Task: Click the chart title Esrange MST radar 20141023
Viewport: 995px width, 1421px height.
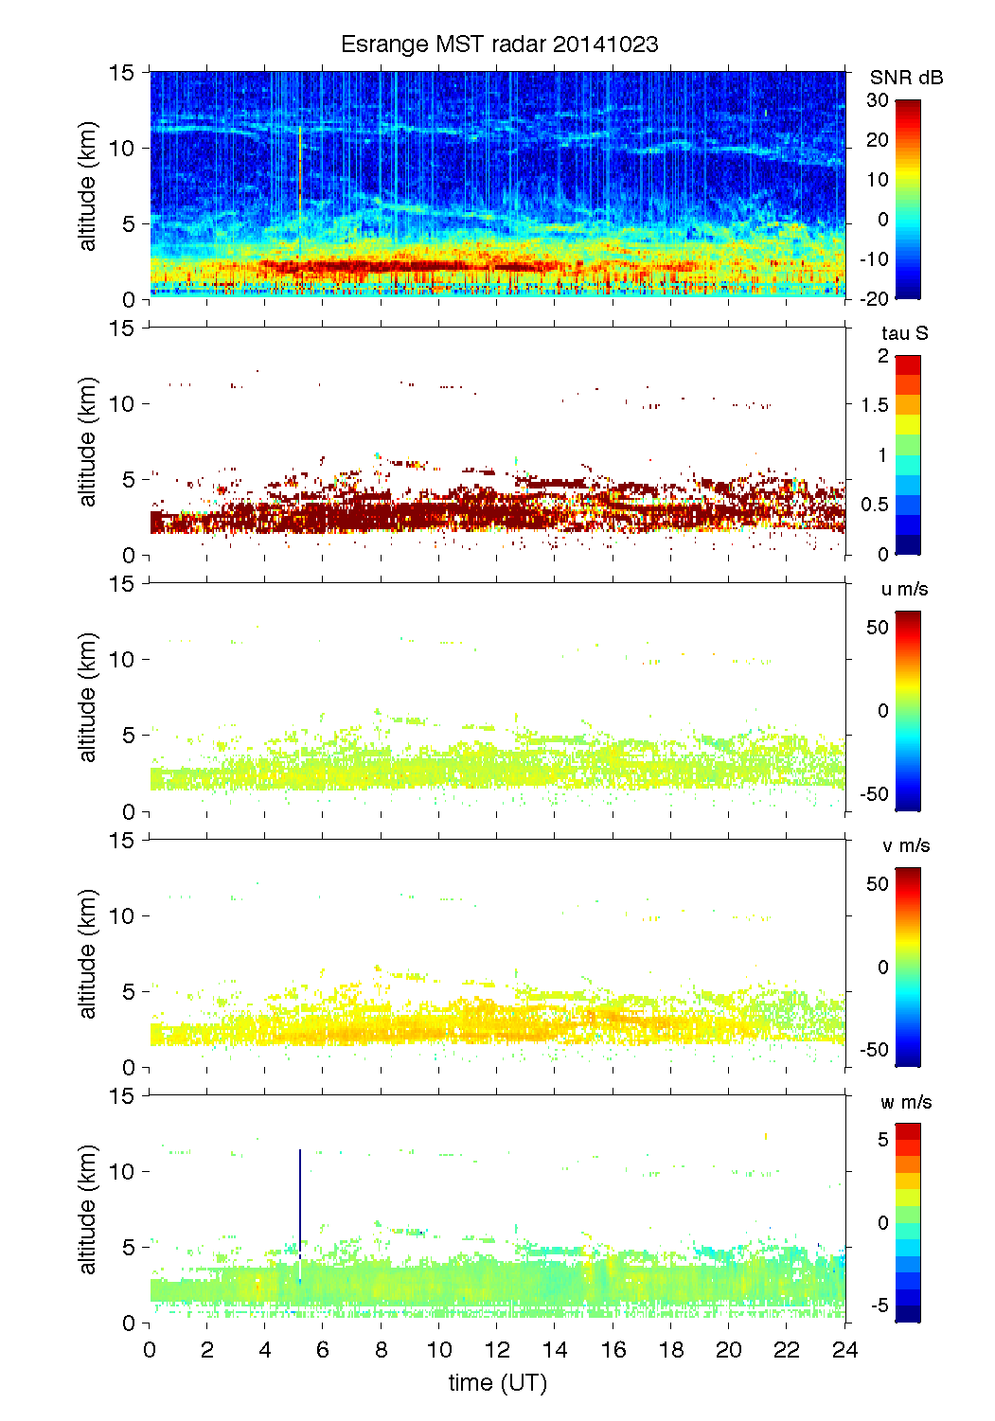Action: (499, 44)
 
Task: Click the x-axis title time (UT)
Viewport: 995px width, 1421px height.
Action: (497, 1383)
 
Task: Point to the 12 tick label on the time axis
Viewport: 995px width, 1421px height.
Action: (497, 1350)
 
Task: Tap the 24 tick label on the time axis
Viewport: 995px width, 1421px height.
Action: (844, 1350)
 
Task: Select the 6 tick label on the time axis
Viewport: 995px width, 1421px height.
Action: (323, 1350)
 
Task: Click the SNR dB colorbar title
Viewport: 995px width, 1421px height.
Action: (906, 78)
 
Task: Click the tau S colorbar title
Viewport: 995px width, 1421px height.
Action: (904, 333)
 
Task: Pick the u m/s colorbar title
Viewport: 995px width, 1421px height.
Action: (904, 589)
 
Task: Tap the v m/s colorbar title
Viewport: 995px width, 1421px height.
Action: (905, 845)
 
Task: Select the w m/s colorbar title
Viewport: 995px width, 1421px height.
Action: (906, 1102)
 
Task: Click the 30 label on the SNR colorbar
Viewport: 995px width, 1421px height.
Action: (878, 100)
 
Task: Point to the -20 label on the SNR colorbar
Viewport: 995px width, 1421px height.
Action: (874, 299)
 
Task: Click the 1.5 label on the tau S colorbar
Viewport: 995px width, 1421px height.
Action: (874, 405)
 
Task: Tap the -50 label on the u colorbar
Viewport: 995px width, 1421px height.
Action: (874, 793)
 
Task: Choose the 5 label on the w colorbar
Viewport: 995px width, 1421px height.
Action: (882, 1140)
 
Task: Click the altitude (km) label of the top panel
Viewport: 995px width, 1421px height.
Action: (88, 186)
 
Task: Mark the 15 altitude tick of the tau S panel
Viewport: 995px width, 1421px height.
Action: (122, 329)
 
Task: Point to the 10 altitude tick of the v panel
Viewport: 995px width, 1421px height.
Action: (122, 915)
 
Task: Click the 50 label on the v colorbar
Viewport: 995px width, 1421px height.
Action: (878, 884)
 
